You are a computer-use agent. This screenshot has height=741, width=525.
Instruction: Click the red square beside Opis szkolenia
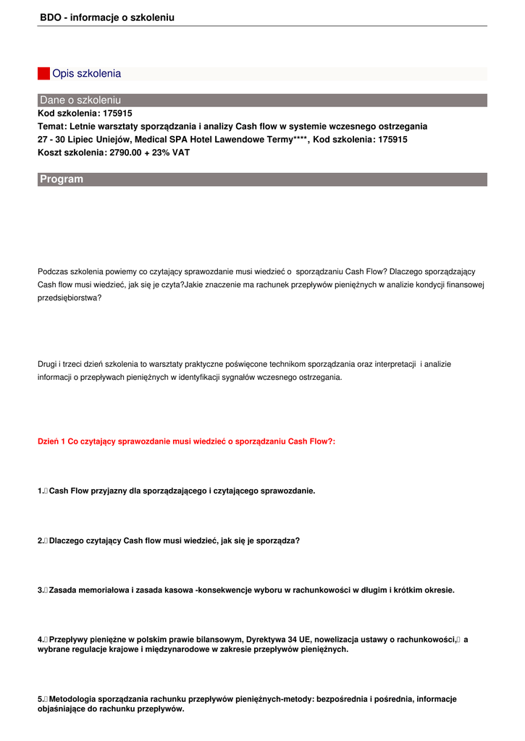(x=43, y=74)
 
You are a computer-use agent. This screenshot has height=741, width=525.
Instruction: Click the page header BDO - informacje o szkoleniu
(x=107, y=17)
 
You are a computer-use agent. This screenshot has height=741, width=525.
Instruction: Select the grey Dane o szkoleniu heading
(x=80, y=100)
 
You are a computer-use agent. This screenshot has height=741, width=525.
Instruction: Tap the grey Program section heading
(x=62, y=179)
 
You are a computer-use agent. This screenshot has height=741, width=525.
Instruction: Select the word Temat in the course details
(x=51, y=126)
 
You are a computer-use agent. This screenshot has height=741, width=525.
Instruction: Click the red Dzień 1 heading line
(x=186, y=441)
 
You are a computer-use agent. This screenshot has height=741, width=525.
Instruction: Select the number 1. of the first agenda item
(x=41, y=491)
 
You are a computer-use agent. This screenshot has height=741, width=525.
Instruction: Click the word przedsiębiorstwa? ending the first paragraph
(x=70, y=297)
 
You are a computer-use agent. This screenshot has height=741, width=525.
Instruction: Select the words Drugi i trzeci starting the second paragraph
(x=64, y=364)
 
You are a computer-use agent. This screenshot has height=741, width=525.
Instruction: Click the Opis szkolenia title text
(x=87, y=74)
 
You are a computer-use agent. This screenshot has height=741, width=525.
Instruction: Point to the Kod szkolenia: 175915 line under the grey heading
(x=85, y=113)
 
